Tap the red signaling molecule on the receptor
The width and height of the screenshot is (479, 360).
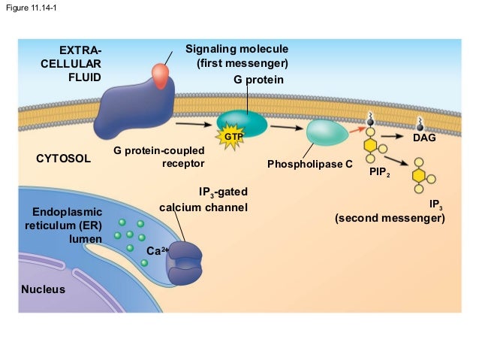[161, 73]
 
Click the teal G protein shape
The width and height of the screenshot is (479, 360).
[242, 122]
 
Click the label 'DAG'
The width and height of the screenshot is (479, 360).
[424, 139]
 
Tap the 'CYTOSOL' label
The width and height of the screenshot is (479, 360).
[63, 159]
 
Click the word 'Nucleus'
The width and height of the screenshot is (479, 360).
[43, 289]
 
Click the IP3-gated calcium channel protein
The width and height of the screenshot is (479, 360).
[184, 262]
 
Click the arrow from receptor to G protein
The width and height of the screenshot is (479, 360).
[192, 123]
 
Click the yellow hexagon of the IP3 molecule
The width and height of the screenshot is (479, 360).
[419, 174]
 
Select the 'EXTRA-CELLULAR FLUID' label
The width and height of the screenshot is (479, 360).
[71, 63]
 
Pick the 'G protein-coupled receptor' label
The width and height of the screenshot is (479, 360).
[159, 157]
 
